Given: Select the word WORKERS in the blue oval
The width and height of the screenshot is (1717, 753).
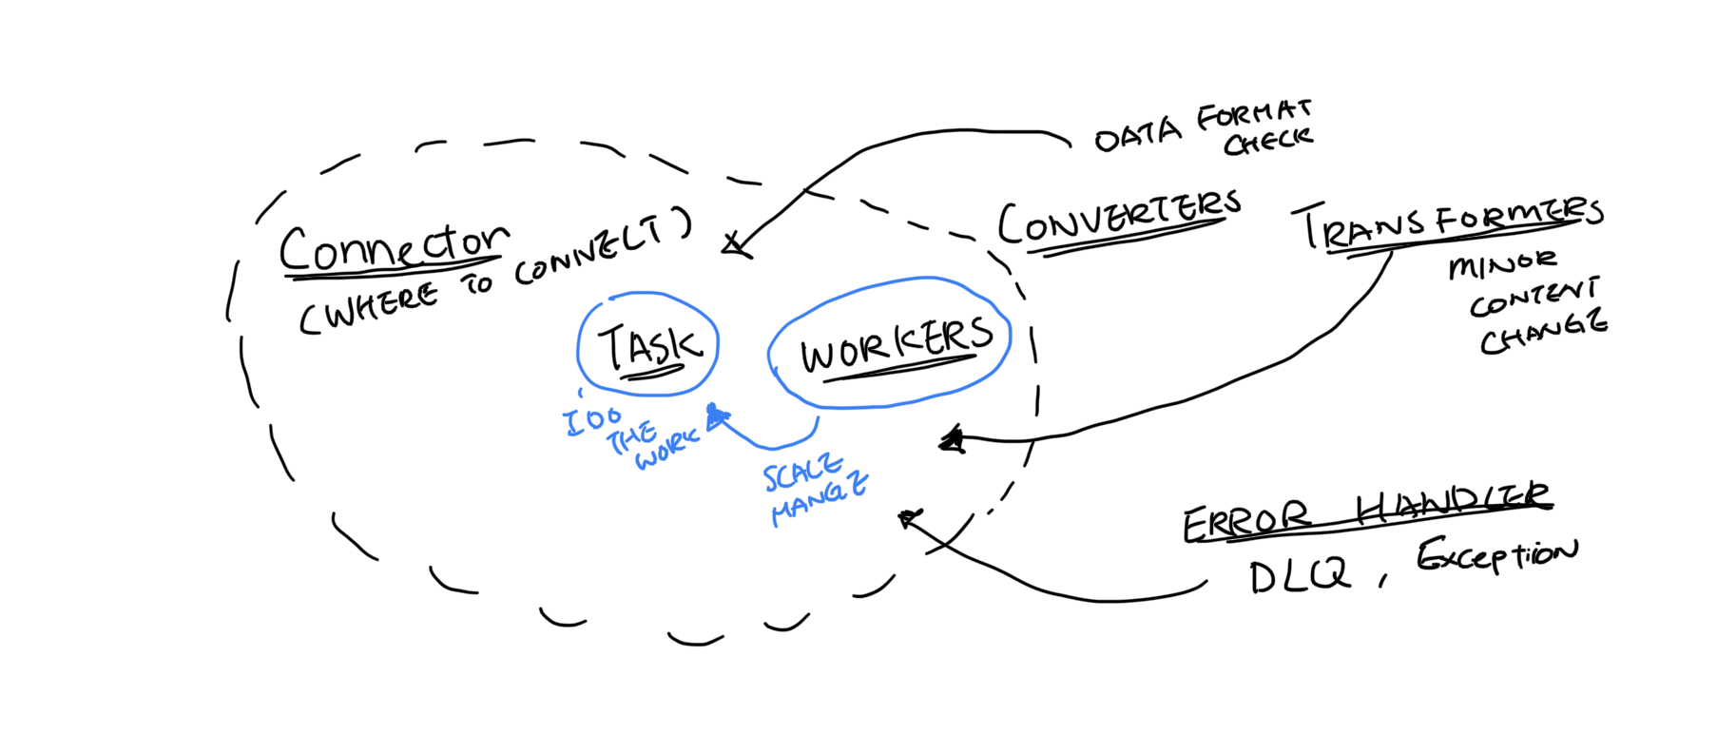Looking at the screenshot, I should click(x=896, y=344).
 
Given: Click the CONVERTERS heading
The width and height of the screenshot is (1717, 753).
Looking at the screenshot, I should click(x=1119, y=220).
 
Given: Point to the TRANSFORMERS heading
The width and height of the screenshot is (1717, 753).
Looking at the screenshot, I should click(x=1450, y=224).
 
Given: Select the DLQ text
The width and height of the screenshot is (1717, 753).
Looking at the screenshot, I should click(x=1299, y=576).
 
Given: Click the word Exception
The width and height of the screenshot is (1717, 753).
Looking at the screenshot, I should click(x=1496, y=555).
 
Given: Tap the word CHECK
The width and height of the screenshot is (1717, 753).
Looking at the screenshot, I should click(x=1267, y=142).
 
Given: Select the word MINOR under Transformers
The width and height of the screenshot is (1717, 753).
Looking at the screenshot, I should click(x=1502, y=264).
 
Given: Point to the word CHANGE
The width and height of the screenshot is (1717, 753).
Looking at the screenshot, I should click(x=1543, y=333).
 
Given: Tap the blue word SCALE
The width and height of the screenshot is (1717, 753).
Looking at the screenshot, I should click(x=802, y=472).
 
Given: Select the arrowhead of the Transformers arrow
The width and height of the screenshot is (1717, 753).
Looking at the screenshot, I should click(x=952, y=439).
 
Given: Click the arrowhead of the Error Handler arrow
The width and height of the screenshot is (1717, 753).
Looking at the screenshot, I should click(x=909, y=518).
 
